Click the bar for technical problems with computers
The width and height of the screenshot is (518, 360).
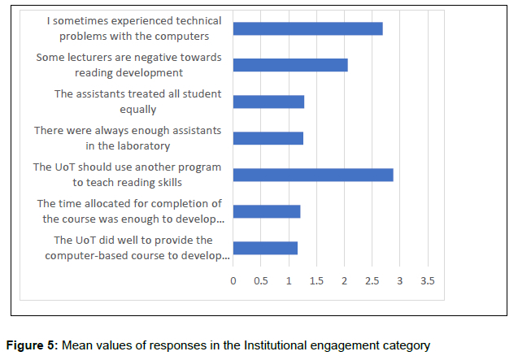coord(307,28)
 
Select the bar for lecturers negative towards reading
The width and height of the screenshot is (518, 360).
coord(290,65)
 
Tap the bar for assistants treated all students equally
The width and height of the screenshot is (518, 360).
coord(268,102)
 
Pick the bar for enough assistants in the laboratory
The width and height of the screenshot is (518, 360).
coord(268,138)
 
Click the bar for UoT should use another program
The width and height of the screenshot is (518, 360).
coord(313,175)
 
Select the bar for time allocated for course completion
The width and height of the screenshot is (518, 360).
coord(267,211)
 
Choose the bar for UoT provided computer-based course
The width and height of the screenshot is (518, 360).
coord(265,248)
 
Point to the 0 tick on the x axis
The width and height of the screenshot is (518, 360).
coord(233,280)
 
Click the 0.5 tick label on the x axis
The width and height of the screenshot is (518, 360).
coord(261,280)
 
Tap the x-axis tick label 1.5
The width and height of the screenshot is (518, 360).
coord(316,280)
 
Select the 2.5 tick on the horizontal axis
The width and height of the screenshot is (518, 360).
coord(372,280)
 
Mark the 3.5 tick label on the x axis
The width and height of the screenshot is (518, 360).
coord(427,280)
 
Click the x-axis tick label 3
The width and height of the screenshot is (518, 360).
coord(400,280)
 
